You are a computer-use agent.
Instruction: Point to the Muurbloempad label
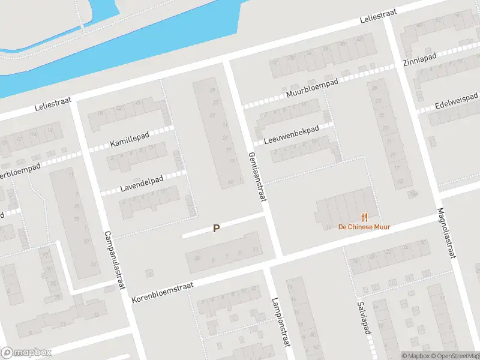[x=313, y=88]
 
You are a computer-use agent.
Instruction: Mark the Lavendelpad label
[x=142, y=182]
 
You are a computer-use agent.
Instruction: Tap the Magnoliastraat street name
[x=447, y=233]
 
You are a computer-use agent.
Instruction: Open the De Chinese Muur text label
[x=364, y=227]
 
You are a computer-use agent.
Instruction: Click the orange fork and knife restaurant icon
[x=364, y=217]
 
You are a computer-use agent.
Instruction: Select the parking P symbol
[x=215, y=228]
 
